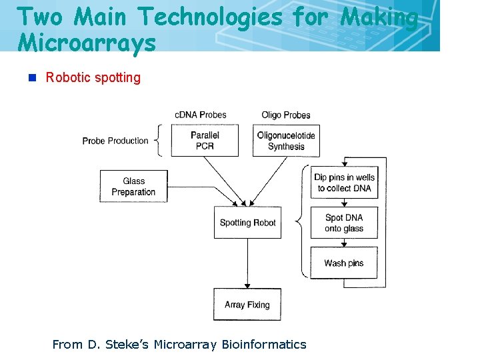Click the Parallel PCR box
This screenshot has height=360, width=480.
[205, 141]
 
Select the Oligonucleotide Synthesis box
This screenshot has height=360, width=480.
[286, 141]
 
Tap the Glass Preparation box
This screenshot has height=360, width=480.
[133, 187]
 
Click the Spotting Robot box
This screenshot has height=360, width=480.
[247, 223]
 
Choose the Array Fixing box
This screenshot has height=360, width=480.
[247, 305]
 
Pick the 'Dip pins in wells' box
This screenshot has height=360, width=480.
[345, 183]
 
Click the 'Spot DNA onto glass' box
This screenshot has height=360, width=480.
[345, 223]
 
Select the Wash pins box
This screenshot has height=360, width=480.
[344, 263]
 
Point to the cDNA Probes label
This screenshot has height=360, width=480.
[201, 115]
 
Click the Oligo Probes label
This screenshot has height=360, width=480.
[286, 115]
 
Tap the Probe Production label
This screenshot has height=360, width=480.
[115, 141]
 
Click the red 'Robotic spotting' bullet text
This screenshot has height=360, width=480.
[93, 77]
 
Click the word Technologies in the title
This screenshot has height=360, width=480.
[207, 17]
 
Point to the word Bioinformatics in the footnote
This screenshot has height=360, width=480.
[264, 345]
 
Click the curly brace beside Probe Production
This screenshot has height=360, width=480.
[158, 141]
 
